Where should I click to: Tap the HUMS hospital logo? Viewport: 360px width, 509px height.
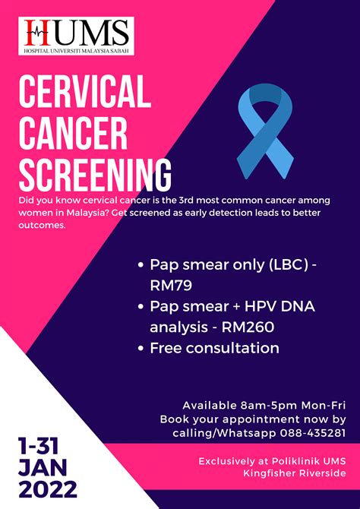coord(76,36)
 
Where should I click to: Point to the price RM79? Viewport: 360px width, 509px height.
coord(171,286)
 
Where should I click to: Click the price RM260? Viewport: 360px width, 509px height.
coord(248,327)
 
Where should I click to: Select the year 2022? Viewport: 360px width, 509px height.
coord(47,489)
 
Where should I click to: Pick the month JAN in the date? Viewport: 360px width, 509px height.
coord(43,467)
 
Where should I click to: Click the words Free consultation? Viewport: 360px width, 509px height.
coord(214,348)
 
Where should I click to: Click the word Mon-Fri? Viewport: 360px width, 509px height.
coord(324,406)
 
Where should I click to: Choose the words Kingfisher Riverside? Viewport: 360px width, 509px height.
coord(295,473)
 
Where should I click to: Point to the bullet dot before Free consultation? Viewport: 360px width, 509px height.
coord(141,349)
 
